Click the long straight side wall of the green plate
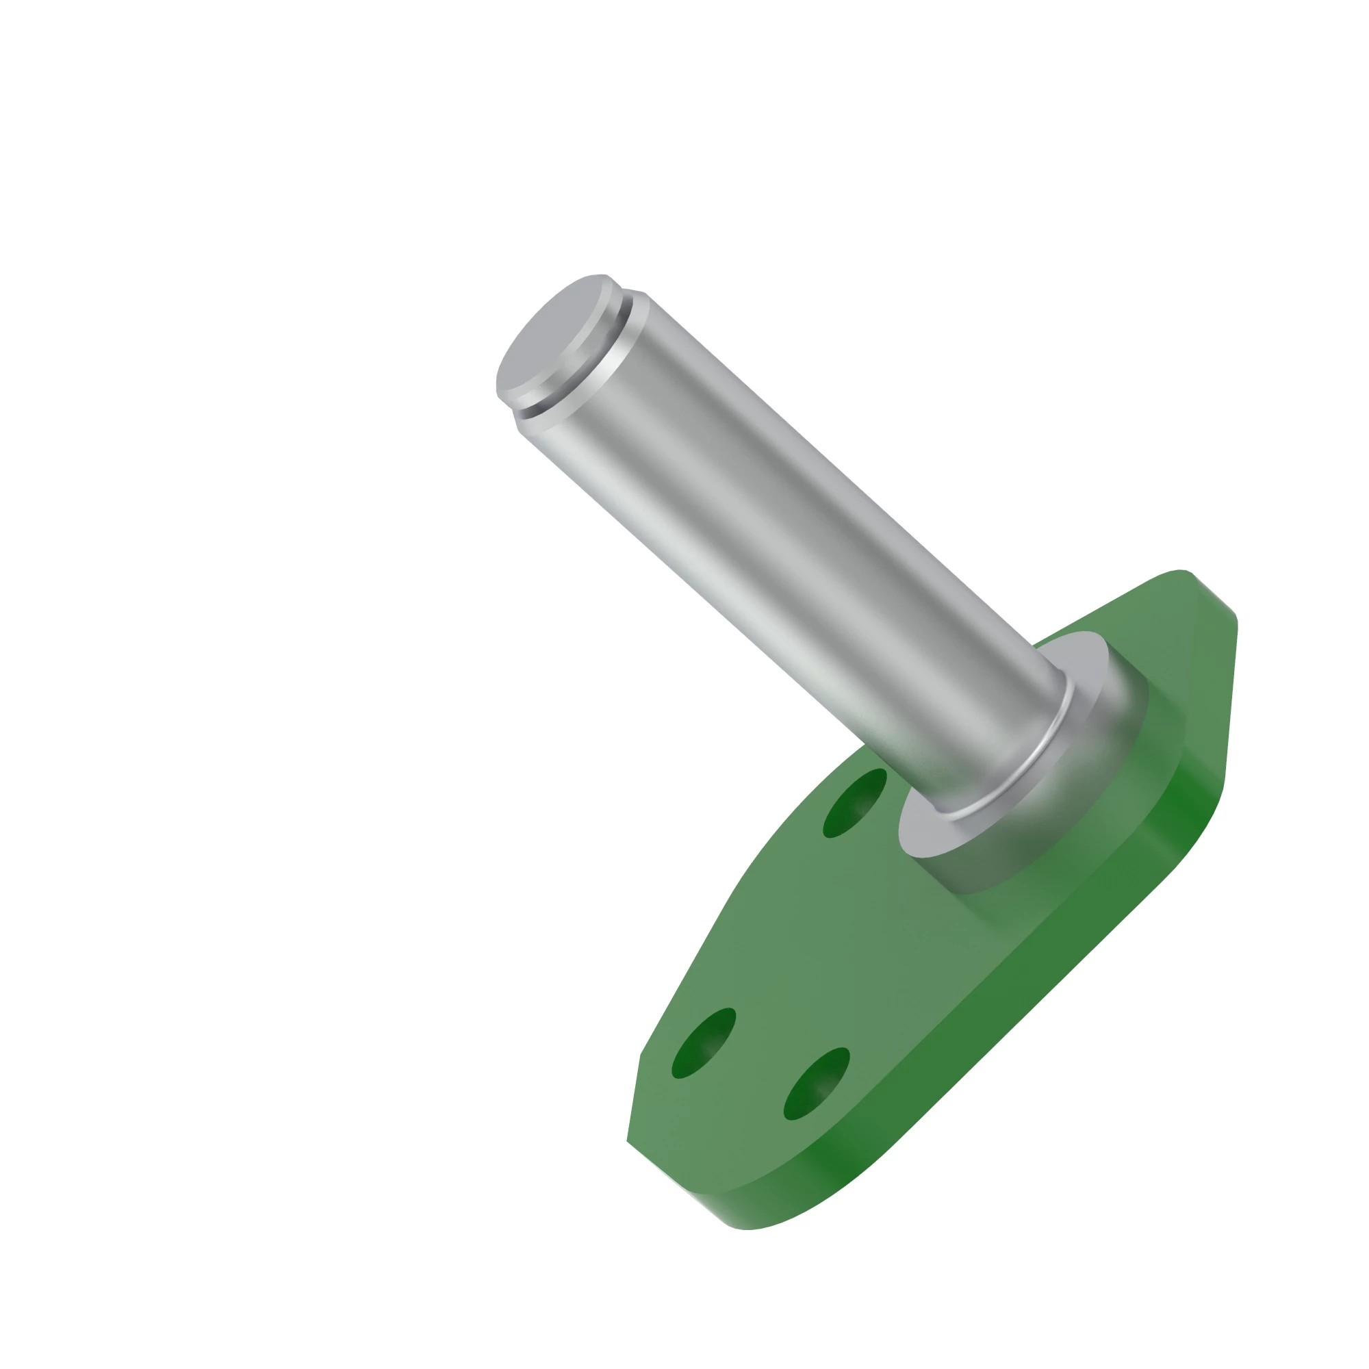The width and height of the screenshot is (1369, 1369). (x=992, y=992)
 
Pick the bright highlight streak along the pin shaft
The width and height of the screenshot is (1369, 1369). (x=744, y=567)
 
